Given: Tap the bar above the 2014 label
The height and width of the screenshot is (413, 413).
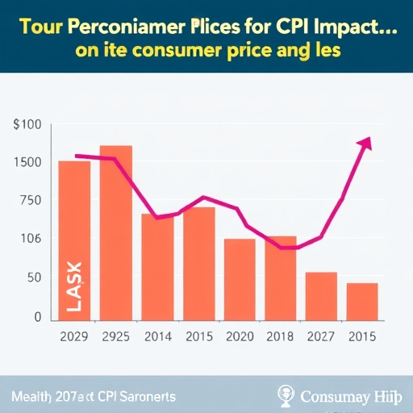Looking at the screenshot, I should [x=157, y=267].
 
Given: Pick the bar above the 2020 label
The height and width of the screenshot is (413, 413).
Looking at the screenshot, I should [x=240, y=279].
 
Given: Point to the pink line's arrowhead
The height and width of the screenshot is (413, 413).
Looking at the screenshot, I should [x=365, y=144].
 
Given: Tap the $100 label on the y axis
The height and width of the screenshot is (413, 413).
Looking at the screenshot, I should [x=27, y=125].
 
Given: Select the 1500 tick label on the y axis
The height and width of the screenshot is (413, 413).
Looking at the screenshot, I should [x=27, y=162].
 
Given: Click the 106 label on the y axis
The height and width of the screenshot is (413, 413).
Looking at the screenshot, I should [x=29, y=240].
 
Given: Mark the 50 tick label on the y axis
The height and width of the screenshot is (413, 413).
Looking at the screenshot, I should [x=32, y=278].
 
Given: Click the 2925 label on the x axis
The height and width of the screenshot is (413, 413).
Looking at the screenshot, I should [x=116, y=336].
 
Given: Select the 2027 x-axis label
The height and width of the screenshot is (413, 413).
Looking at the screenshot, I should [x=321, y=336].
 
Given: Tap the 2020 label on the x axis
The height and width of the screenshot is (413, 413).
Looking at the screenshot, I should [x=240, y=336].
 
